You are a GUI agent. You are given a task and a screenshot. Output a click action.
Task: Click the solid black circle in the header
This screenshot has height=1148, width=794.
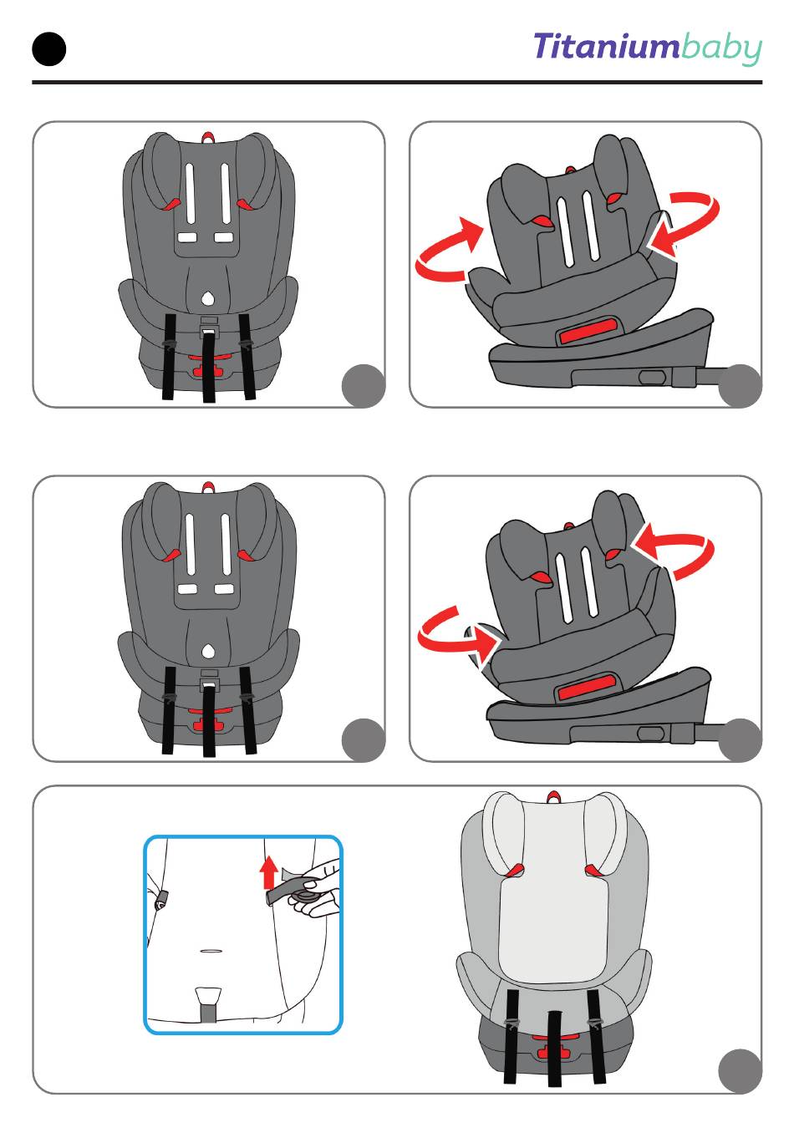[49, 49]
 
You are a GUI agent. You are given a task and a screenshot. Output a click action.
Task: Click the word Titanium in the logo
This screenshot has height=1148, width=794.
[607, 46]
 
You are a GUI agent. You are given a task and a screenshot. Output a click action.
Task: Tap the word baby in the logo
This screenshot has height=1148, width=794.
[721, 49]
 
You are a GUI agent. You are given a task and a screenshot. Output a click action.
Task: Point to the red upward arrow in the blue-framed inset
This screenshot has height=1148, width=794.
[268, 874]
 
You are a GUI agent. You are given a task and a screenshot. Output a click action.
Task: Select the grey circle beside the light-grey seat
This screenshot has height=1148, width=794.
[739, 1071]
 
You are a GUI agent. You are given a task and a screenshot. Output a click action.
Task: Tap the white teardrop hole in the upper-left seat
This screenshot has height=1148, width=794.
[207, 298]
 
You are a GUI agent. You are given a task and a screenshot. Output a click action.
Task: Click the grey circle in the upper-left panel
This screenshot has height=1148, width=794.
[363, 386]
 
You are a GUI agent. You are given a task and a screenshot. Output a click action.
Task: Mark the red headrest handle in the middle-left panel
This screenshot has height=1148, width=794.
[207, 486]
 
